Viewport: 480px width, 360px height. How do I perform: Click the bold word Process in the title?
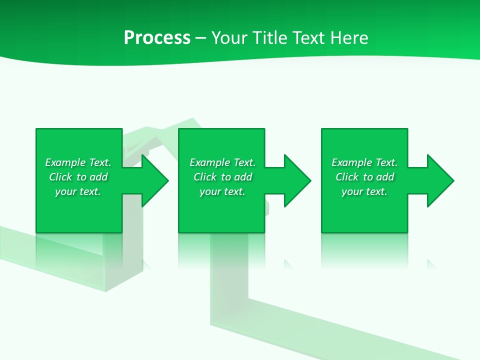[157, 38]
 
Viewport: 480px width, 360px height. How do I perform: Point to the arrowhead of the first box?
[155, 180]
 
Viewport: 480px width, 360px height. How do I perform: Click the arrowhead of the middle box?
[297, 180]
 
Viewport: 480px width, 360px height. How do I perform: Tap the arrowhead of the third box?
[440, 180]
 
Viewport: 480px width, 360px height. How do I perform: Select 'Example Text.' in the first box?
[78, 162]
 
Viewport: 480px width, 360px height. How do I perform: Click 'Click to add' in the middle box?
[222, 177]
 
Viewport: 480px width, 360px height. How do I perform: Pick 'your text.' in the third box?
[364, 191]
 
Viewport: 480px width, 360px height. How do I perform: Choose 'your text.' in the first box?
[78, 191]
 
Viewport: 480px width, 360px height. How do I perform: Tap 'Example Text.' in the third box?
[364, 162]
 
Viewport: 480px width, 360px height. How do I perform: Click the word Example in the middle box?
[210, 162]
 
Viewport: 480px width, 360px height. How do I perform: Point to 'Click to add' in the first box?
[78, 177]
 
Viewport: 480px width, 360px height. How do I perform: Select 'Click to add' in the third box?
[364, 177]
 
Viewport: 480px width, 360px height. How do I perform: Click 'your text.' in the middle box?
[222, 191]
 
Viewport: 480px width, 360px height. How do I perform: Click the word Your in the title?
[228, 38]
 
